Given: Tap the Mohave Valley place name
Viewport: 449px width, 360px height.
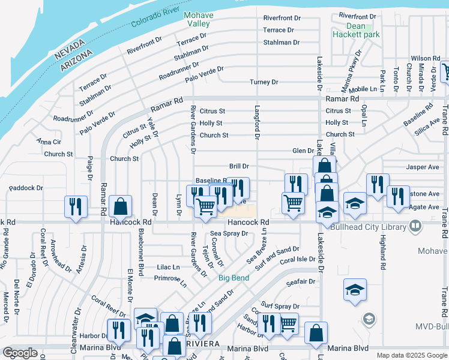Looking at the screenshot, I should [x=197, y=19].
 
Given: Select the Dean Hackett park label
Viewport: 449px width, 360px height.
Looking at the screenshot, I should [x=355, y=31].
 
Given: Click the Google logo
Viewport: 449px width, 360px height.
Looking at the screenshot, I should [x=20, y=353].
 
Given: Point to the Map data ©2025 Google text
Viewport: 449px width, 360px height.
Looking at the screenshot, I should [x=411, y=355].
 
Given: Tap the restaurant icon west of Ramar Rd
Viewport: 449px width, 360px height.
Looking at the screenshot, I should [x=76, y=206].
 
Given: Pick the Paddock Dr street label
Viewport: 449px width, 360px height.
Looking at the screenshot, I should [x=25, y=188].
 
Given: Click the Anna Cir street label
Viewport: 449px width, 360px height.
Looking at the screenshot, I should [x=49, y=142].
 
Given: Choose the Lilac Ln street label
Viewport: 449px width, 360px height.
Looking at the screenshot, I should [x=169, y=267].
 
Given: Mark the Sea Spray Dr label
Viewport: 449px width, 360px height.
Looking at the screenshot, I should [x=229, y=233].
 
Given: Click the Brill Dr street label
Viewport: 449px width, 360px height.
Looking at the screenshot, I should [x=239, y=166].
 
